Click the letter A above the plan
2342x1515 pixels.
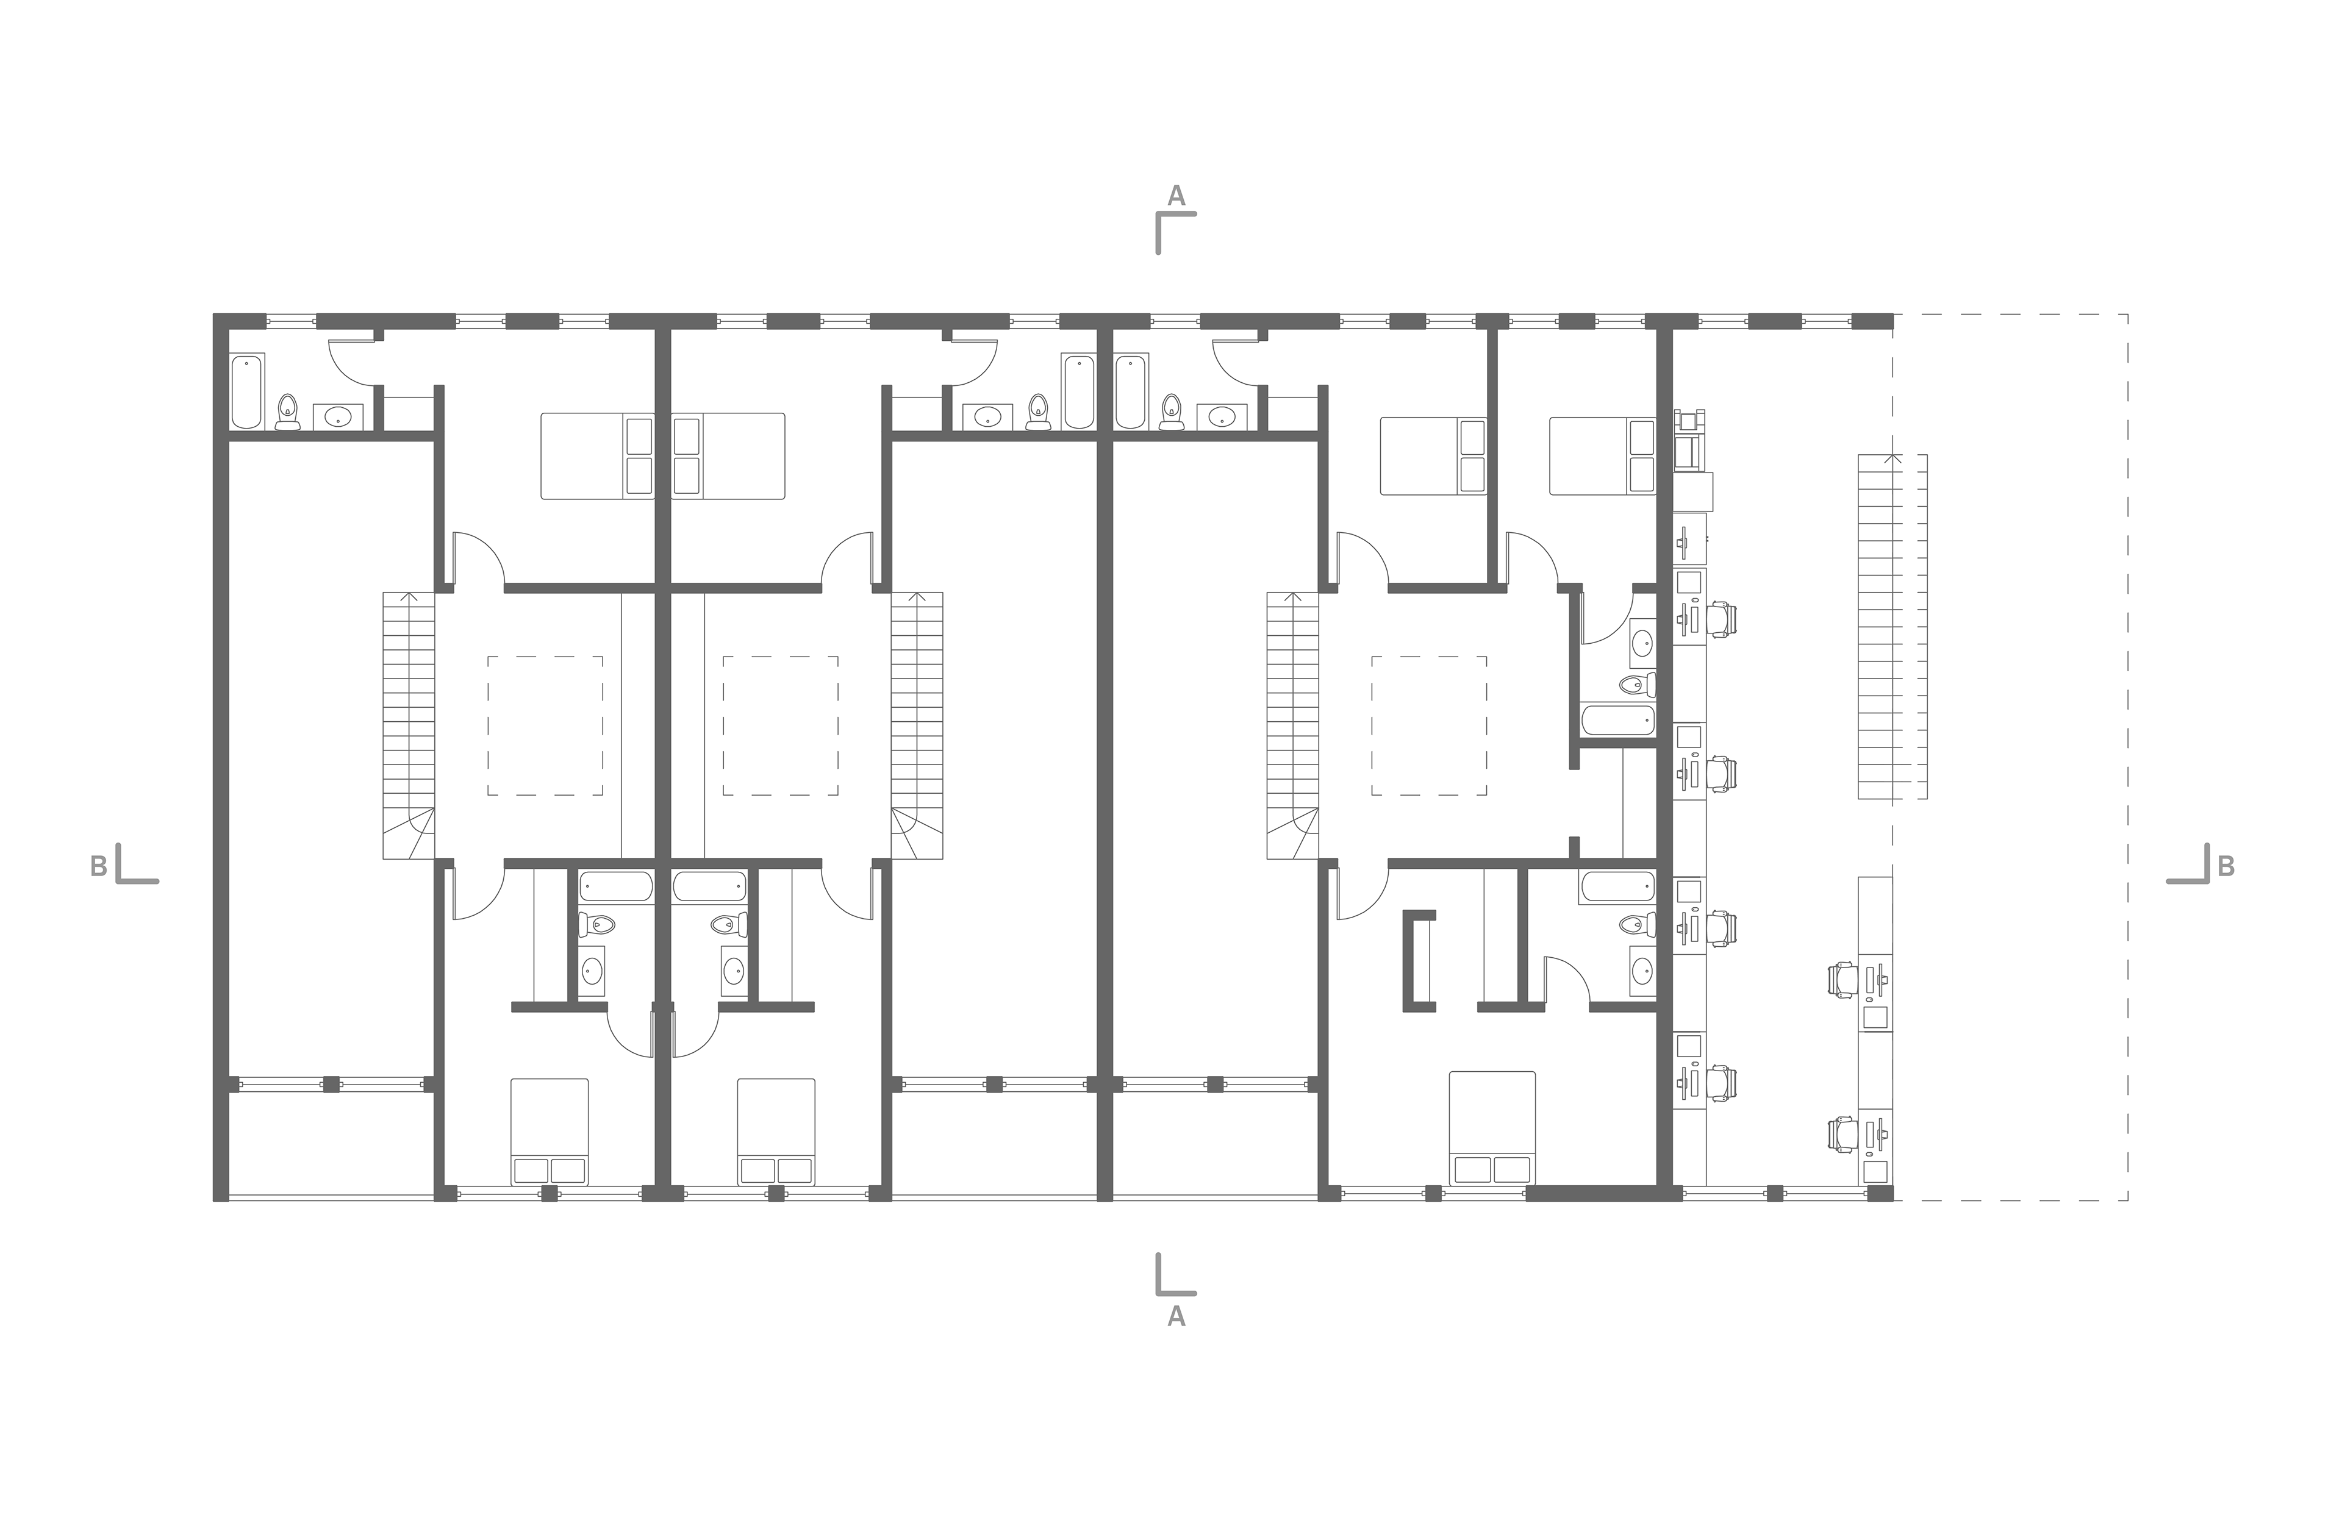pos(1176,196)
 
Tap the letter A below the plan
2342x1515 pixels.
pos(1176,1317)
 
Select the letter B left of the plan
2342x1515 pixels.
pos(98,866)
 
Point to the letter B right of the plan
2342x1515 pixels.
pos(2226,866)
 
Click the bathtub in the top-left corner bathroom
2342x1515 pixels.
pos(247,391)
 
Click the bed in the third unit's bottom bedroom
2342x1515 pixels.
pos(1493,1127)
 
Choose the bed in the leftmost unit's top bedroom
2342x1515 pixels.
pos(597,455)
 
